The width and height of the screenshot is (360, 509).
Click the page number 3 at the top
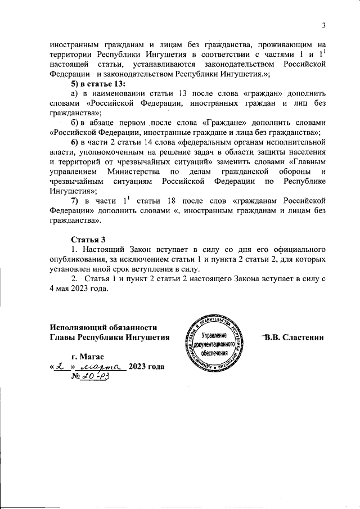(x=324, y=25)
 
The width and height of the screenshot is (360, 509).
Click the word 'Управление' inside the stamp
(x=214, y=335)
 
